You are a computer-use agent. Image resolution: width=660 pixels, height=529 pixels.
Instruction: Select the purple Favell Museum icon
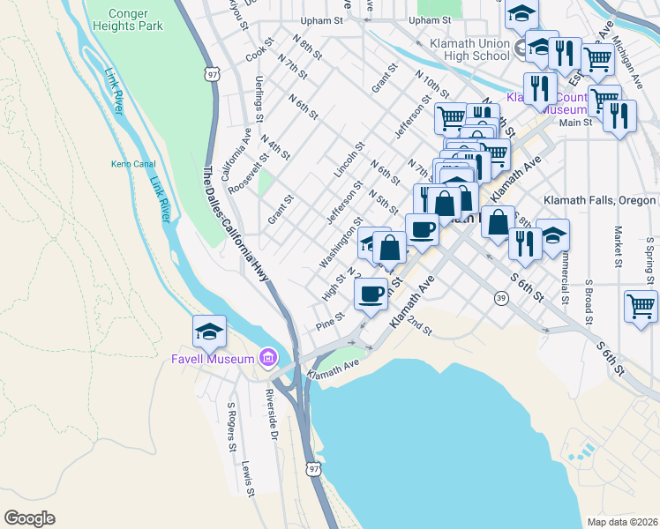tap(267, 358)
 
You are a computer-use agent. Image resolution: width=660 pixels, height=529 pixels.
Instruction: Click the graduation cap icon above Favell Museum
tap(209, 331)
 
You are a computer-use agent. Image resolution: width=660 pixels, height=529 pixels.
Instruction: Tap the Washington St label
tap(341, 243)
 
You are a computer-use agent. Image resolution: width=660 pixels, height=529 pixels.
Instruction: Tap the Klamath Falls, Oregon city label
tap(599, 200)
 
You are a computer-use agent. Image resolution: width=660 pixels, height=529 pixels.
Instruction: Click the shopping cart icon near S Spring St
tap(641, 306)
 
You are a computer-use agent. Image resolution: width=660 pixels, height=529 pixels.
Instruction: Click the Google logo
tap(29, 518)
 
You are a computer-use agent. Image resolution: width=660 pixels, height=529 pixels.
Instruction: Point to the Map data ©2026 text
tap(622, 522)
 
